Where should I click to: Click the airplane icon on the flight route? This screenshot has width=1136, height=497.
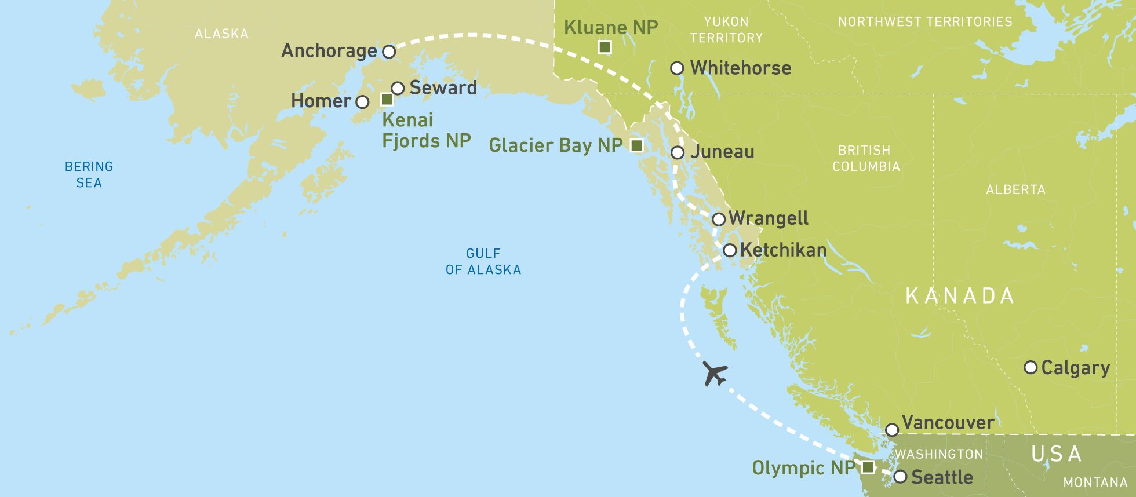715,373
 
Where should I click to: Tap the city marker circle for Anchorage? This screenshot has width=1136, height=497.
389,52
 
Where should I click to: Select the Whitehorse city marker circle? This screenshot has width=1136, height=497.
677,68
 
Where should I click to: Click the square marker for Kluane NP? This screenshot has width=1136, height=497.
605,47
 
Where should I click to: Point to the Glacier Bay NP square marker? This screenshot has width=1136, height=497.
636,145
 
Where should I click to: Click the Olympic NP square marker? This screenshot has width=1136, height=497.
868,467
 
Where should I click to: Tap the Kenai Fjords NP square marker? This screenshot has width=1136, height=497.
387,100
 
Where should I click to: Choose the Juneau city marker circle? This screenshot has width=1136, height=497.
678,153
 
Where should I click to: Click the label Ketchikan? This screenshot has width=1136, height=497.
783,250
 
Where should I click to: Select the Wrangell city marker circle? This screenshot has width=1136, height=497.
719,220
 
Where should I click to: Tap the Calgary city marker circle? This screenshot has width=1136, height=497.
1031,367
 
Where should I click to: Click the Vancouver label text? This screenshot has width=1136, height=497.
948,423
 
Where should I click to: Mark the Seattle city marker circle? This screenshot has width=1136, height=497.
900,477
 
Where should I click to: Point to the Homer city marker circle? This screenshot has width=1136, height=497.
362,103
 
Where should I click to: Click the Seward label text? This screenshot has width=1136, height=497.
443,88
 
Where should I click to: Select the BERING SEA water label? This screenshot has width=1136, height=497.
89,174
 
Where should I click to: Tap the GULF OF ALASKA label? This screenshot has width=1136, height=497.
483,261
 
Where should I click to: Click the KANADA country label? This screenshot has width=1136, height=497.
959,296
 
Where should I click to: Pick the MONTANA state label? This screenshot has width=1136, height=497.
1095,482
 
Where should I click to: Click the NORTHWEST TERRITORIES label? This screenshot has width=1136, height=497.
925,22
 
